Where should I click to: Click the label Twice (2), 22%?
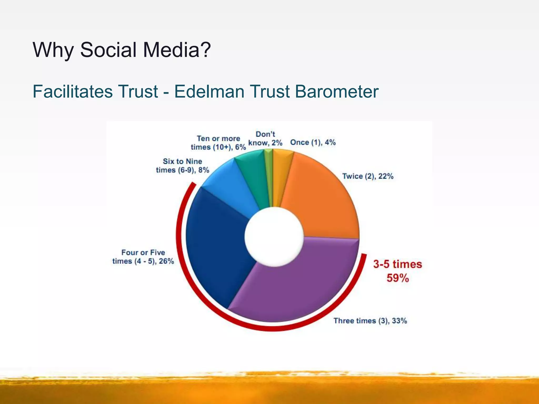368,176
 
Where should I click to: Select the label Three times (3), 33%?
370,321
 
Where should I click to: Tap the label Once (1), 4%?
313,143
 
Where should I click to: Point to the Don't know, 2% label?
265,139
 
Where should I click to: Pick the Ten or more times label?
218,143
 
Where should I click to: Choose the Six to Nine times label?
182,166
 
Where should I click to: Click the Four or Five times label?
143,257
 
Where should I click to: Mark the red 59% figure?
398,278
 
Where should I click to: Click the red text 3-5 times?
398,264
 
